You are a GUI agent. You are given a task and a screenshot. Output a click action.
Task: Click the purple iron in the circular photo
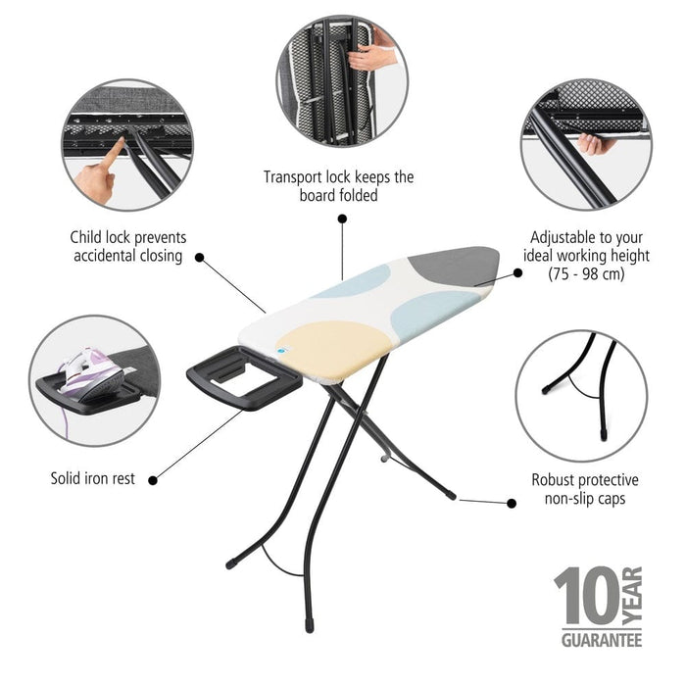click(x=94, y=367)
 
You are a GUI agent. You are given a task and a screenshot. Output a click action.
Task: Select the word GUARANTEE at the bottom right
click(x=601, y=640)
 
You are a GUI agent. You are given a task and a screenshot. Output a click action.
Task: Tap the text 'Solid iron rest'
click(x=92, y=479)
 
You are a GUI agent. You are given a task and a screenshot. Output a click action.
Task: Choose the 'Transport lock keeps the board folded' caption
click(x=338, y=186)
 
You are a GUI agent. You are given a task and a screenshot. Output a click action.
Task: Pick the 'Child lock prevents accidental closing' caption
click(x=127, y=246)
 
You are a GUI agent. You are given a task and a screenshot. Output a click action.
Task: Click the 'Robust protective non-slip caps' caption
click(x=584, y=489)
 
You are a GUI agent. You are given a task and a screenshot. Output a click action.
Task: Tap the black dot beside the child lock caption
click(x=200, y=258)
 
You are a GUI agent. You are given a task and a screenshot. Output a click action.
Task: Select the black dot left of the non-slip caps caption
click(x=511, y=503)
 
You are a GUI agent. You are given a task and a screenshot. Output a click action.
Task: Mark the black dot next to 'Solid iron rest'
click(x=156, y=479)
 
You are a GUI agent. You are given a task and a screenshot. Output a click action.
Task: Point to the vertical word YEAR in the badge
click(x=632, y=594)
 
